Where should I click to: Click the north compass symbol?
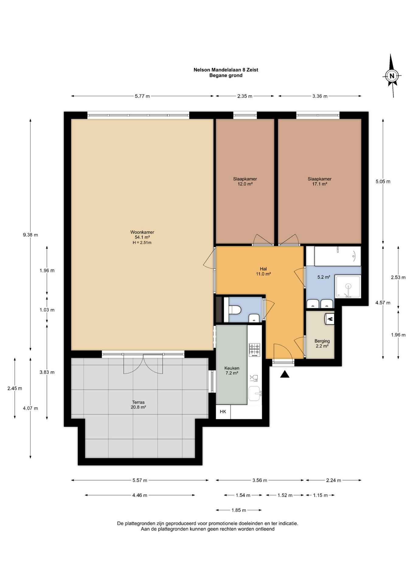pos(392,76)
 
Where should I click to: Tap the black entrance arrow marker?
pos(285,374)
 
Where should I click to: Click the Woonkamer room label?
pos(142,232)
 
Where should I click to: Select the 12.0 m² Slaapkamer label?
pos(245,181)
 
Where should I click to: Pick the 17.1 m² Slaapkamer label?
pos(320,181)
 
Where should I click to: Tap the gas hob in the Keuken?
pos(255,350)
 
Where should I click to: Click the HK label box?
pos(223,412)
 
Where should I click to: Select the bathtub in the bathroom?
pos(338,256)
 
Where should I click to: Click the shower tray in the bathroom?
pos(348,286)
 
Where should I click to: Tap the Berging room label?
pos(322,341)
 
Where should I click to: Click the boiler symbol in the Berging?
pos(330,319)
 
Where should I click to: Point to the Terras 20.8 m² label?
pos(138,405)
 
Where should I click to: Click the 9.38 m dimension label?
pos(30,235)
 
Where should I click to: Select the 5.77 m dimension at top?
pos(142,96)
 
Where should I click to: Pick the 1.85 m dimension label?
pos(239,510)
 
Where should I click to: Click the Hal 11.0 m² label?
pos(263,271)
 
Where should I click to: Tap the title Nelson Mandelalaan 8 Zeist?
pos(226,70)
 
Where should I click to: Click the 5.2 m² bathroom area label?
pos(324,277)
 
